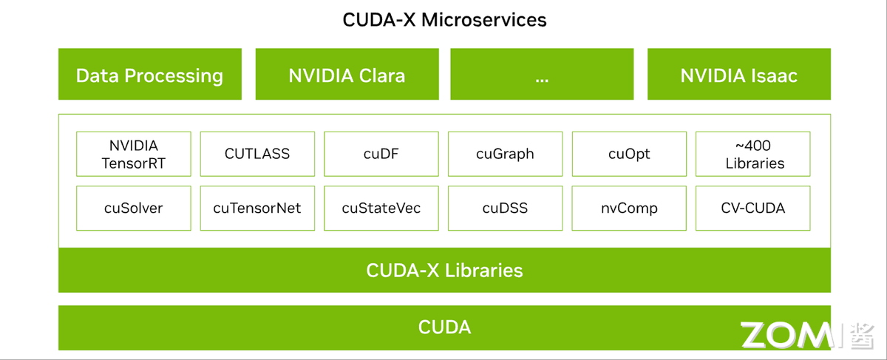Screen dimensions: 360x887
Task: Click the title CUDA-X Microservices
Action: click(x=444, y=20)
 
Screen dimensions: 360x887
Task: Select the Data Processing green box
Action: click(x=149, y=75)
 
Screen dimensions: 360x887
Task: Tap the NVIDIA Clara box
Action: click(x=347, y=75)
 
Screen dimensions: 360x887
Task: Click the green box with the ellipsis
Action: click(x=542, y=75)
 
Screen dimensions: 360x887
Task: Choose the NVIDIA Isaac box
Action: click(x=738, y=75)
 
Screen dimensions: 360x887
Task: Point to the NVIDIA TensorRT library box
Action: click(x=133, y=154)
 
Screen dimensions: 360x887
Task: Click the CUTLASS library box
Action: click(x=257, y=154)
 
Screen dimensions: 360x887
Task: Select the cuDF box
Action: click(x=381, y=154)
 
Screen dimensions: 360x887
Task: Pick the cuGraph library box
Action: click(x=505, y=154)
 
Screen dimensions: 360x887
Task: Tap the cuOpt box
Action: click(x=629, y=154)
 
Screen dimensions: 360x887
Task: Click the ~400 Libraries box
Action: click(x=753, y=154)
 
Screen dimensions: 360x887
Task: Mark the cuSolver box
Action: click(x=133, y=208)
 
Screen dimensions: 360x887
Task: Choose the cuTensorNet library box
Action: click(x=257, y=208)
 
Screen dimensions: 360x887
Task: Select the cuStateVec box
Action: click(x=381, y=208)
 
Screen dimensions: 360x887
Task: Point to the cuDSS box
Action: click(x=505, y=208)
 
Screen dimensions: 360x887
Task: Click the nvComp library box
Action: click(x=629, y=208)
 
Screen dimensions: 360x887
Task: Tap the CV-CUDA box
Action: click(x=753, y=208)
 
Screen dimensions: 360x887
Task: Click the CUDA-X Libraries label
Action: click(x=444, y=271)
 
